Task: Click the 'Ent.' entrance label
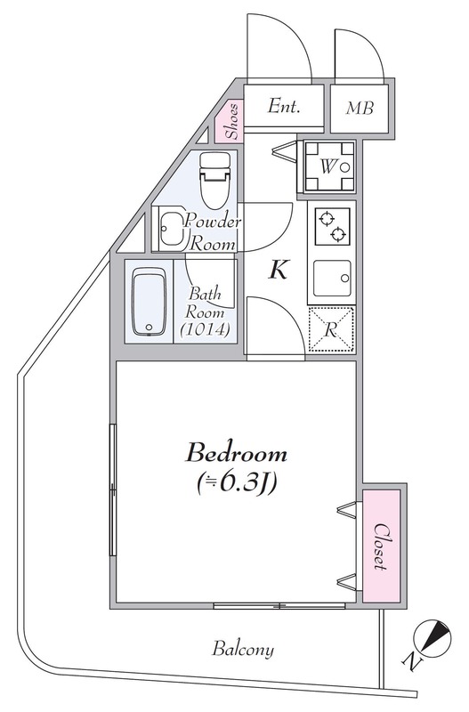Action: click(284, 107)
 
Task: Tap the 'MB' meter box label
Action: click(360, 109)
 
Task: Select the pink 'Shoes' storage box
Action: click(230, 123)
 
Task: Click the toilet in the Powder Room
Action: click(214, 177)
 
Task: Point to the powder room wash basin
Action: click(168, 231)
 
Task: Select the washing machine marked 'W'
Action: click(328, 166)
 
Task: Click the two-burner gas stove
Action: click(331, 225)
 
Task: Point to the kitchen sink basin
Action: click(331, 279)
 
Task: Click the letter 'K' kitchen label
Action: click(278, 271)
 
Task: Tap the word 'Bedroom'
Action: click(236, 454)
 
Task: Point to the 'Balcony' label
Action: click(242, 650)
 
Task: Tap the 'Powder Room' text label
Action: click(210, 231)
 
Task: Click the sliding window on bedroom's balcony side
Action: click(279, 606)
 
